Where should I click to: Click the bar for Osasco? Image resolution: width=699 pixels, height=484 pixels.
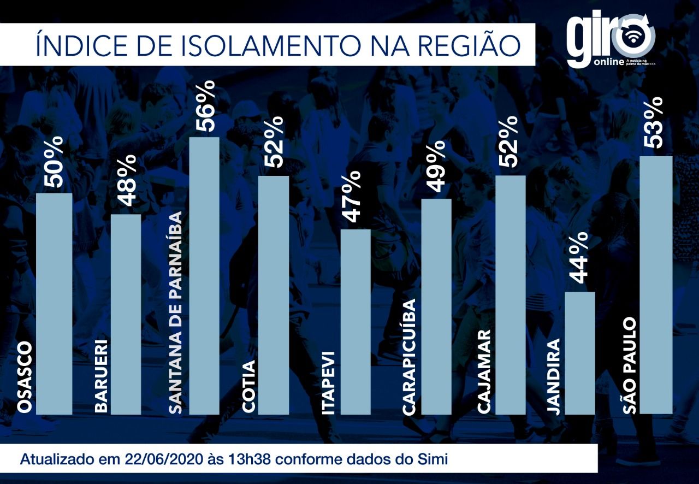click(54, 303)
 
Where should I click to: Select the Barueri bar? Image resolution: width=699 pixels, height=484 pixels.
click(126, 314)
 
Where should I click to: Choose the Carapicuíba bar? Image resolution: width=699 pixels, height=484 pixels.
click(436, 306)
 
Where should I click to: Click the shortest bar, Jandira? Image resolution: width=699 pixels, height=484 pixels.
click(579, 352)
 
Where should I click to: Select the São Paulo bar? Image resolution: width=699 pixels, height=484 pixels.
click(655, 284)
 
